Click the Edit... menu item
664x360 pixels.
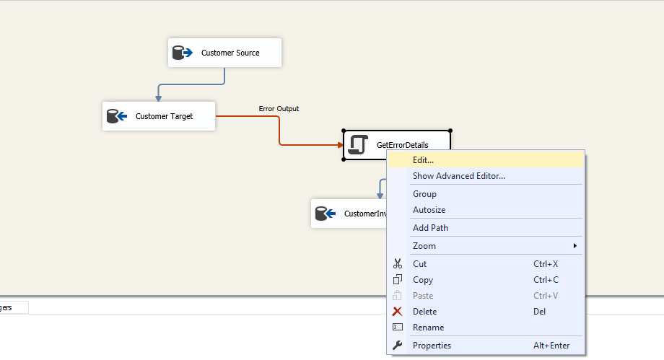(x=423, y=159)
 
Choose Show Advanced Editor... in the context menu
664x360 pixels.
(x=458, y=175)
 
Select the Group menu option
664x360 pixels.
(x=424, y=194)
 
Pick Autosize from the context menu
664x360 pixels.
(x=429, y=210)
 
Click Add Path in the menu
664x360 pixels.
(x=430, y=228)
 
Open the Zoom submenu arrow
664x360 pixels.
(x=575, y=246)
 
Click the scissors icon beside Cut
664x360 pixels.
(x=398, y=264)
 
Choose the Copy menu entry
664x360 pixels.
(x=423, y=280)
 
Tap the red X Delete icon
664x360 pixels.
(x=398, y=312)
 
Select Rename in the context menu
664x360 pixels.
(x=428, y=328)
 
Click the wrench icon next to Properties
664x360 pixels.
(x=398, y=346)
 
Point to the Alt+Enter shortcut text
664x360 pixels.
(x=551, y=346)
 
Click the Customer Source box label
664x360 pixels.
(x=230, y=53)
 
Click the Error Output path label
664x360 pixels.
(x=279, y=109)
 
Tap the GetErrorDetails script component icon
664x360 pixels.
(x=357, y=145)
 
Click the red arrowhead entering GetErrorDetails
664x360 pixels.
(x=339, y=145)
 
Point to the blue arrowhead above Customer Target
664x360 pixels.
(x=158, y=97)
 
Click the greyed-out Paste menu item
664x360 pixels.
(x=423, y=296)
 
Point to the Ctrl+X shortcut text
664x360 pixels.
(x=546, y=264)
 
